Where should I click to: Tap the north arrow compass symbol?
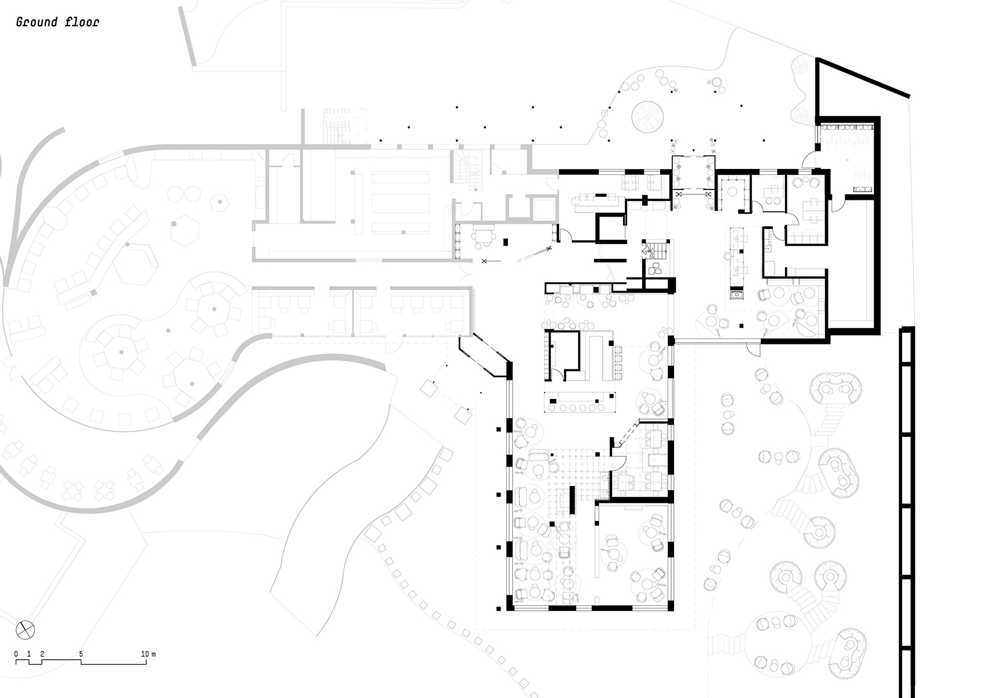[26, 629]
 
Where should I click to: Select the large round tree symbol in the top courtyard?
[647, 116]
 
